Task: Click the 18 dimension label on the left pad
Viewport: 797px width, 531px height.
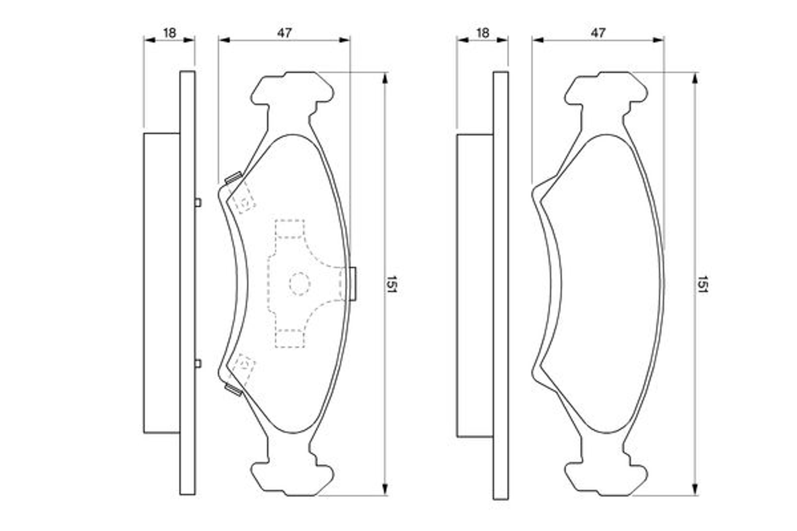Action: pyautogui.click(x=170, y=33)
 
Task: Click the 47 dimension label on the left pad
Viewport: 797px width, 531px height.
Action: pyautogui.click(x=284, y=33)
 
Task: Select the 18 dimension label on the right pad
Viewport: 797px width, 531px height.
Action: pyautogui.click(x=483, y=33)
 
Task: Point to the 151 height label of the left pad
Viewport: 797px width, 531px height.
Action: pyautogui.click(x=392, y=284)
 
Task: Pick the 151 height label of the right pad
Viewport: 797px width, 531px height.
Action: pyautogui.click(x=702, y=284)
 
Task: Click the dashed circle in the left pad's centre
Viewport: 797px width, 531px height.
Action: pyautogui.click(x=300, y=284)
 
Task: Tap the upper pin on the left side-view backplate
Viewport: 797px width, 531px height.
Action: pyautogui.click(x=198, y=202)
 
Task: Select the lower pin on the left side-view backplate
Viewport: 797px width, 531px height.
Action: pyautogui.click(x=198, y=364)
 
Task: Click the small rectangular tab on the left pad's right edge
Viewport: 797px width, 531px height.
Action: pyautogui.click(x=352, y=284)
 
